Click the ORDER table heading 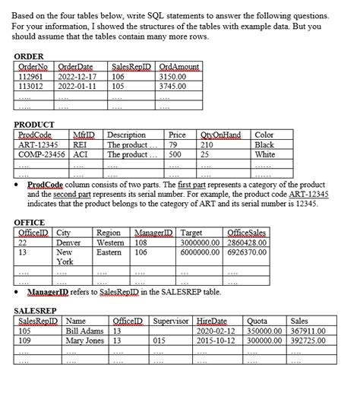29,57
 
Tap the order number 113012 30,86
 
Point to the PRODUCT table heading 35,125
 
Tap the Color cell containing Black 265,144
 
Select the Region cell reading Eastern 111,252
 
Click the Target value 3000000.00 202,242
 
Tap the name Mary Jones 85,341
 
